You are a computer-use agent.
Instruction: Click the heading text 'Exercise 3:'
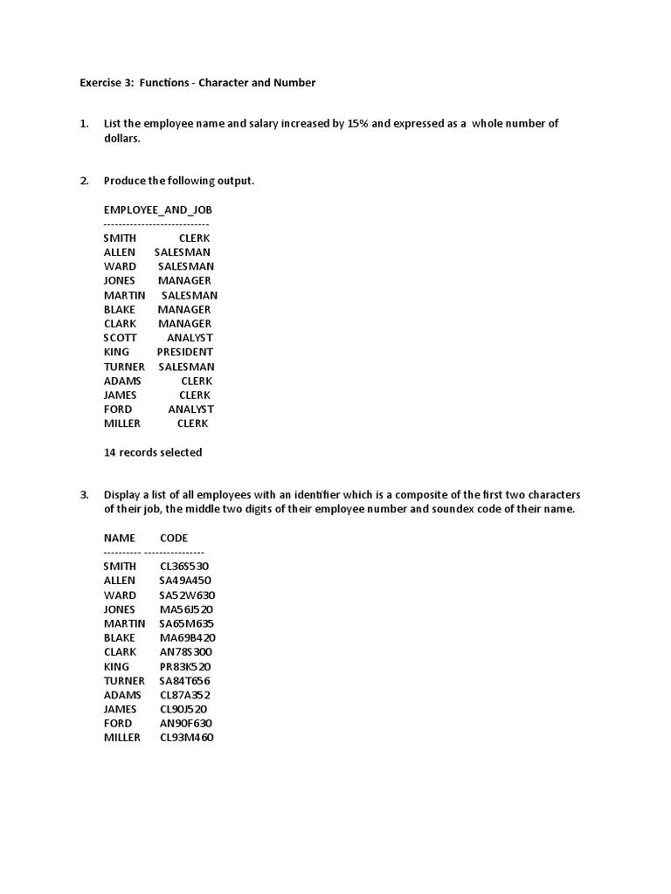[107, 83]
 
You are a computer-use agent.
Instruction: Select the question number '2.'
[85, 181]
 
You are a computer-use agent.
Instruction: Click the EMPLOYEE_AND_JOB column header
[157, 210]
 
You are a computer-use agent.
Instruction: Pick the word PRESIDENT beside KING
[185, 352]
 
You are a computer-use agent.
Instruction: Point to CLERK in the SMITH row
[194, 237]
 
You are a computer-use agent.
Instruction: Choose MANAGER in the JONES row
[184, 280]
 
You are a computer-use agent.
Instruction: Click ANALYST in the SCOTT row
[190, 338]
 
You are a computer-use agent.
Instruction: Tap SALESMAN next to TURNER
[186, 367]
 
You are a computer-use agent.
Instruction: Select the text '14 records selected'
[153, 452]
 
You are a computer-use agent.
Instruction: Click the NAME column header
[120, 538]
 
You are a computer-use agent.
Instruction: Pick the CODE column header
[174, 538]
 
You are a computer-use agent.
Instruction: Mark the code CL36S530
[184, 567]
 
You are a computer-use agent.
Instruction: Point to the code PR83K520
[185, 666]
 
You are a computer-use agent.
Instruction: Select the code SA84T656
[184, 681]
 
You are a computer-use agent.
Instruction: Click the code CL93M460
[186, 738]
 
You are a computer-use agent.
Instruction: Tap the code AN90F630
[185, 724]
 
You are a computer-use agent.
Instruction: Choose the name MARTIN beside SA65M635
[124, 623]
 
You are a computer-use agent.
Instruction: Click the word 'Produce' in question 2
[125, 181]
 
